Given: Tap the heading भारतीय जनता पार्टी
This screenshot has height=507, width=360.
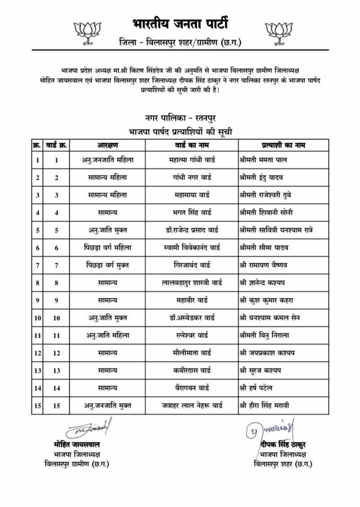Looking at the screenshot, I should pyautogui.click(x=180, y=22).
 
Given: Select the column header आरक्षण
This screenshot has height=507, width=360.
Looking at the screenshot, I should pyautogui.click(x=107, y=145).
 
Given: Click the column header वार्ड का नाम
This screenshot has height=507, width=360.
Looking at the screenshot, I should pyautogui.click(x=192, y=145).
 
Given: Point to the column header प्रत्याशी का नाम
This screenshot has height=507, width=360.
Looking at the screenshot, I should pyautogui.click(x=283, y=145).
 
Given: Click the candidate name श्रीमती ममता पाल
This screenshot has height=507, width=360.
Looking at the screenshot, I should pyautogui.click(x=263, y=160).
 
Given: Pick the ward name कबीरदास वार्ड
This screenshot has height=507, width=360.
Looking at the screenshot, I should pyautogui.click(x=192, y=370).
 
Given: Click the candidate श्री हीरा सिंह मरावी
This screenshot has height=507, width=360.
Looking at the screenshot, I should pyautogui.click(x=264, y=405).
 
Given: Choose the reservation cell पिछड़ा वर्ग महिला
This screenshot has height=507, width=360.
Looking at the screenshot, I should pyautogui.click(x=107, y=247).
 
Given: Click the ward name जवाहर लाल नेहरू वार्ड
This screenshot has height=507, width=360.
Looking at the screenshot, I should pyautogui.click(x=192, y=405).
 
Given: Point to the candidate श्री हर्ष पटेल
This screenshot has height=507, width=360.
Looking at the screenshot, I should pyautogui.click(x=256, y=388).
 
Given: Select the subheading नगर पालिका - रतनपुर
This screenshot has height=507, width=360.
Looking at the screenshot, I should pyautogui.click(x=180, y=118).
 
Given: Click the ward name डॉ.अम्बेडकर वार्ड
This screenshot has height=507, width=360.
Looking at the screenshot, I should pyautogui.click(x=192, y=318).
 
